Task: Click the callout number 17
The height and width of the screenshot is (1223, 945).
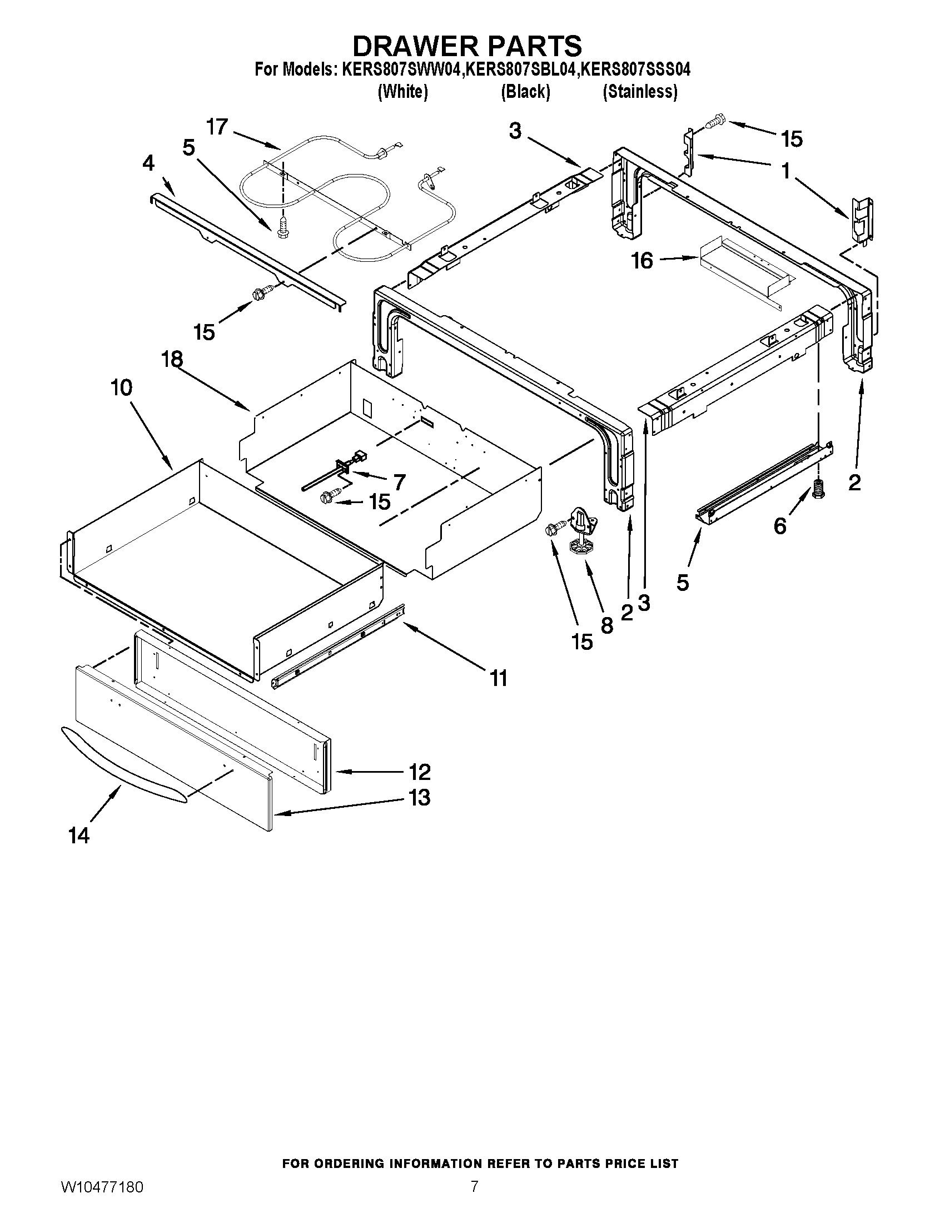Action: pos(217,127)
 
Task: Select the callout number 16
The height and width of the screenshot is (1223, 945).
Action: pos(642,260)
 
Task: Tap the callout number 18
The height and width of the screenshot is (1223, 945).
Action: pos(172,359)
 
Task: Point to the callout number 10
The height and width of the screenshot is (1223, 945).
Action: pos(122,387)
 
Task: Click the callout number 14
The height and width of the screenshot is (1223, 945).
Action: pos(79,836)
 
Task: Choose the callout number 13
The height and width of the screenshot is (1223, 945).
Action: pos(419,797)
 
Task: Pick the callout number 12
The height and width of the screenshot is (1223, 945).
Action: pos(419,772)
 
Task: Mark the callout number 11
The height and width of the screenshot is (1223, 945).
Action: pos(498,678)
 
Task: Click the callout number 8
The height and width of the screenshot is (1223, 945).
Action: pos(606,625)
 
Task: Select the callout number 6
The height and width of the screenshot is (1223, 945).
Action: pos(780,526)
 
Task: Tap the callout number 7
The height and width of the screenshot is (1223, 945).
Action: pos(399,481)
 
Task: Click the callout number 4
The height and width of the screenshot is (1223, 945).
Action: pos(148,163)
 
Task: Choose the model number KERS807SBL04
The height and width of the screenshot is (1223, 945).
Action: pos(522,70)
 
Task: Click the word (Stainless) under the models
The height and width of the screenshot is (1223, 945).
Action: pos(639,91)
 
